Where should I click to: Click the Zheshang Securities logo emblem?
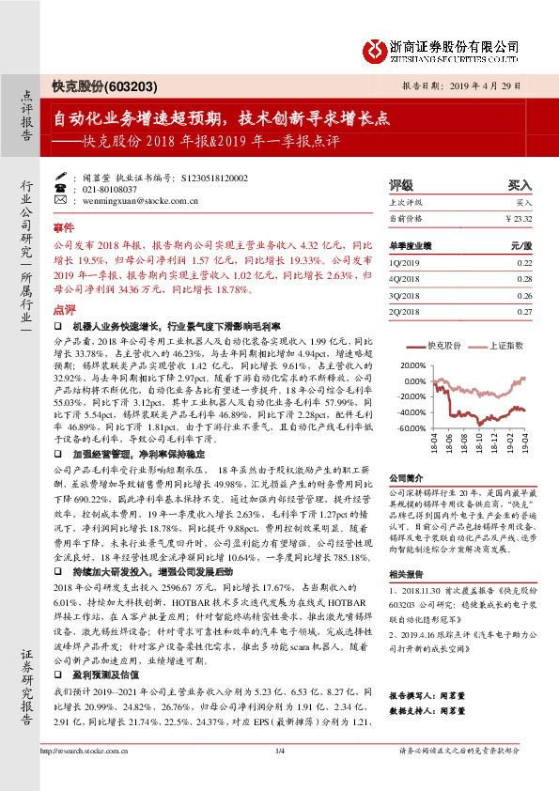pyautogui.click(x=378, y=49)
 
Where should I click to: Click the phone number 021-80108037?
pyautogui.click(x=101, y=188)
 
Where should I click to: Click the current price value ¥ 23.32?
pyautogui.click(x=518, y=218)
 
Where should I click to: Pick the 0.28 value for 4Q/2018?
pyautogui.click(x=523, y=279)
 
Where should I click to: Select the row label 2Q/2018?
pyautogui.click(x=402, y=310)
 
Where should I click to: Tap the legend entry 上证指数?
pyautogui.click(x=505, y=346)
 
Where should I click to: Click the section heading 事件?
pyautogui.click(x=63, y=228)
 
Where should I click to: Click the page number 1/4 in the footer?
pyautogui.click(x=279, y=776)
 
